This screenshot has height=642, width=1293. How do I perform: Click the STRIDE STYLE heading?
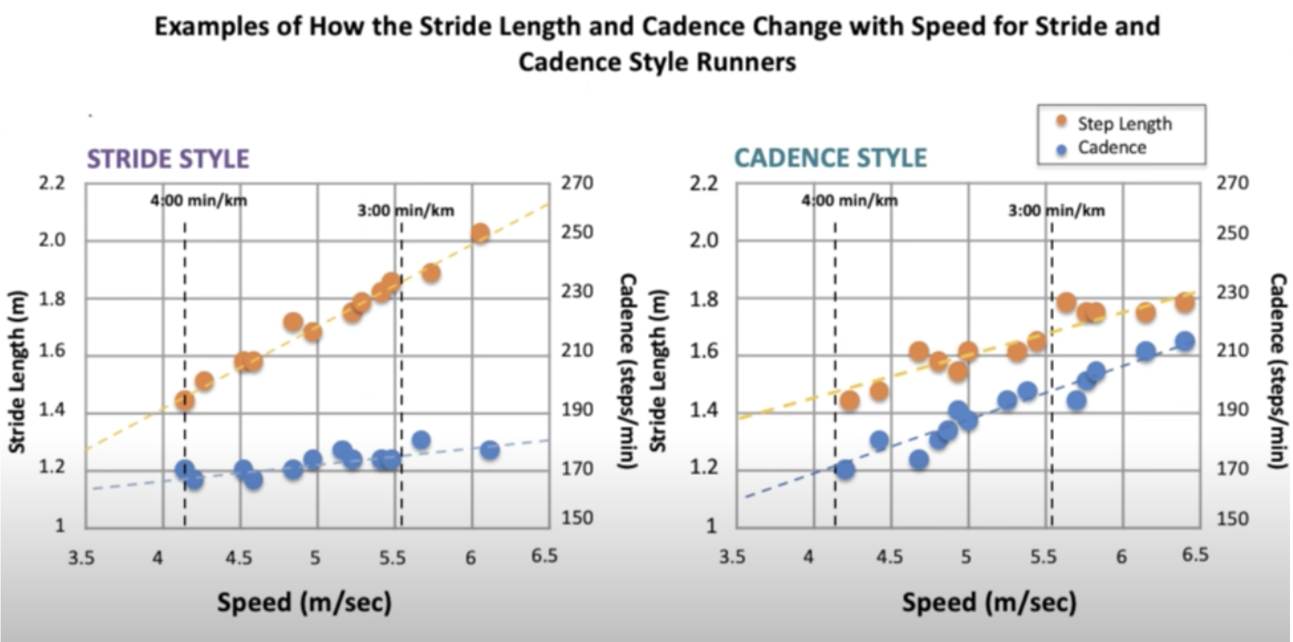pyautogui.click(x=168, y=158)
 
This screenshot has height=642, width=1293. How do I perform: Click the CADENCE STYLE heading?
pyautogui.click(x=830, y=158)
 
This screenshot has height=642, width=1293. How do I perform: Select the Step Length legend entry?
pyautogui.click(x=1124, y=124)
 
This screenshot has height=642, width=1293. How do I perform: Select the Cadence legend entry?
pyautogui.click(x=1111, y=148)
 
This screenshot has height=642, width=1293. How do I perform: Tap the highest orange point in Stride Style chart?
pyautogui.click(x=480, y=233)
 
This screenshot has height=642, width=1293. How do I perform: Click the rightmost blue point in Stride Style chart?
pyautogui.click(x=490, y=450)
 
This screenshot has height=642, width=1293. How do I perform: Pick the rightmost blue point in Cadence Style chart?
pyautogui.click(x=1185, y=341)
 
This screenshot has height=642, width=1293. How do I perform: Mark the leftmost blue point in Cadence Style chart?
pyautogui.click(x=844, y=470)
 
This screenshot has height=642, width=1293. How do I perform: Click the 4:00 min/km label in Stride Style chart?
pyautogui.click(x=199, y=200)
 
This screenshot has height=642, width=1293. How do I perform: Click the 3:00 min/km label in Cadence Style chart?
pyautogui.click(x=1056, y=210)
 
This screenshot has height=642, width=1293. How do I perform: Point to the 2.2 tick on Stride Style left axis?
pyautogui.click(x=52, y=183)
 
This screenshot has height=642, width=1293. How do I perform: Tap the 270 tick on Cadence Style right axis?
pyautogui.click(x=1232, y=183)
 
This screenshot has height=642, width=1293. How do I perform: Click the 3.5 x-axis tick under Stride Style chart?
pyautogui.click(x=81, y=558)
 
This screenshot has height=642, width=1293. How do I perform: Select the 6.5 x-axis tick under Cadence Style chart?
pyautogui.click(x=1195, y=555)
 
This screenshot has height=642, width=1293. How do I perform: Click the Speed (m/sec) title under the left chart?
pyautogui.click(x=304, y=602)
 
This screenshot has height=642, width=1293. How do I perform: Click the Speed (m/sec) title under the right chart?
pyautogui.click(x=989, y=602)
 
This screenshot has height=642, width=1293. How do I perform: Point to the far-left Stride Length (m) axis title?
pyautogui.click(x=17, y=371)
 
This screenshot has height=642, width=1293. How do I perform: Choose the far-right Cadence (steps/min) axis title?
pyautogui.click(x=1278, y=371)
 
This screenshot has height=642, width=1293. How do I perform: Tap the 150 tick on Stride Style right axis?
pyautogui.click(x=577, y=518)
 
